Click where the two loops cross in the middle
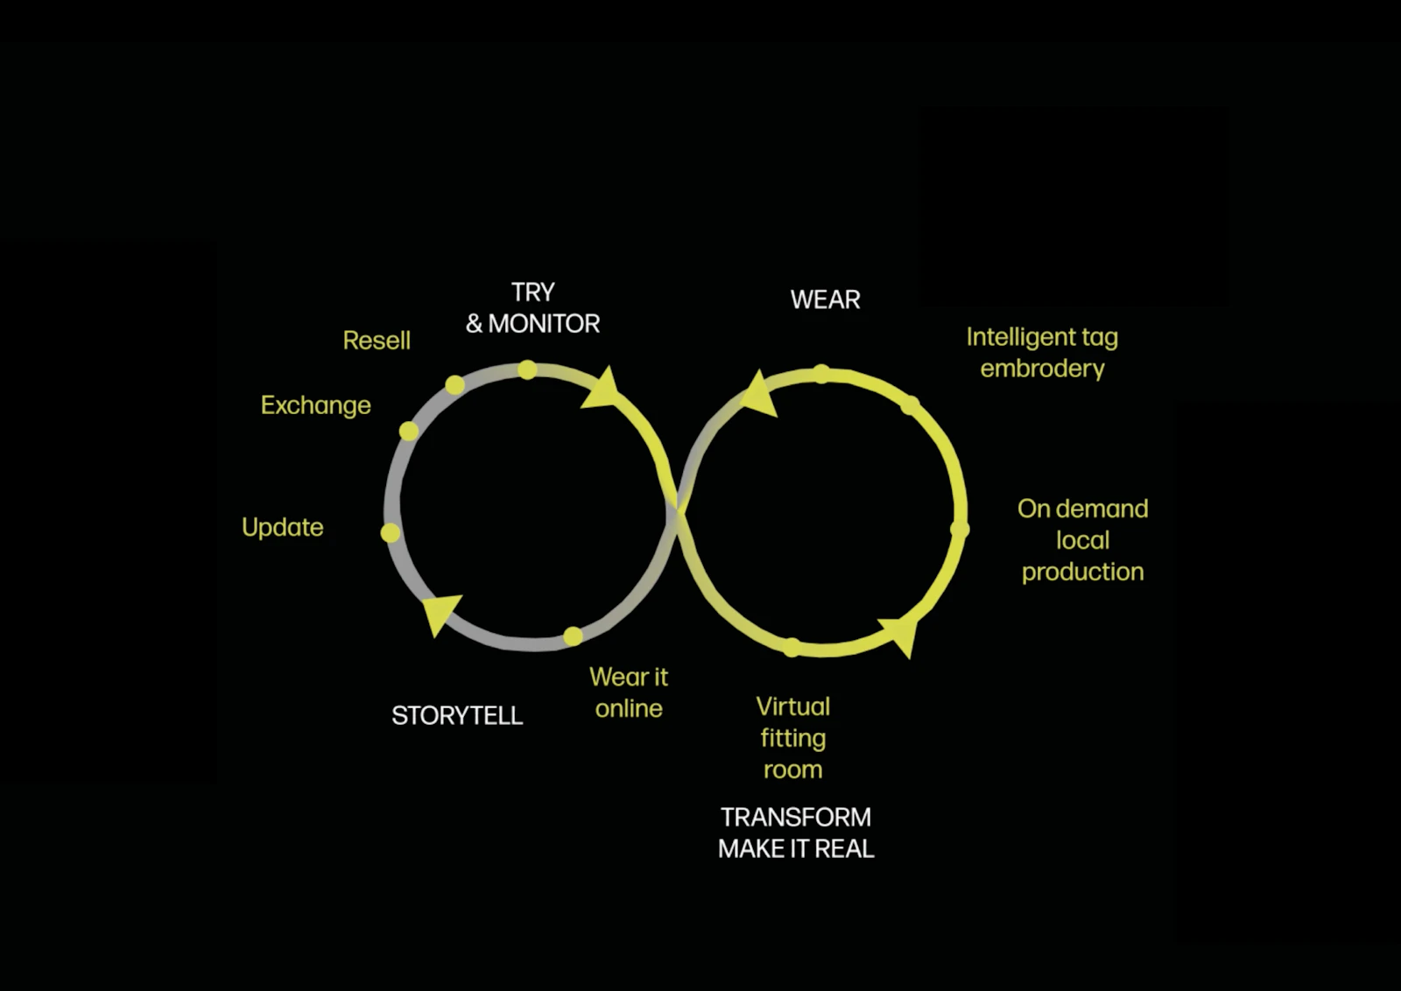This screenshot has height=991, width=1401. coord(679,511)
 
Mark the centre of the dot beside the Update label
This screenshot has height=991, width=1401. coord(391,532)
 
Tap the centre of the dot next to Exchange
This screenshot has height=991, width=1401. coord(408,431)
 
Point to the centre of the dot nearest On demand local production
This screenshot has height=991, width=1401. coord(960,530)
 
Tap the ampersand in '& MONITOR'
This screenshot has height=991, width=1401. coord(474,324)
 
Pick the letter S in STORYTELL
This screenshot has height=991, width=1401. coord(398,715)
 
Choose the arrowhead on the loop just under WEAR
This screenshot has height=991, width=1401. coord(758,395)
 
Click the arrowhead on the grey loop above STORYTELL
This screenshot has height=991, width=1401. coord(440,614)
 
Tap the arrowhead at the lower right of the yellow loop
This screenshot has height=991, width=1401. coord(900,636)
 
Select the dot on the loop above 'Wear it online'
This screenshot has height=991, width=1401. coord(573,636)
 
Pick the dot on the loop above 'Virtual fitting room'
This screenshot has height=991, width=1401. coord(792,647)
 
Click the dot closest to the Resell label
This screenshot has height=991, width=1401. coord(454,384)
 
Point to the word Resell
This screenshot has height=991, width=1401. coord(377,341)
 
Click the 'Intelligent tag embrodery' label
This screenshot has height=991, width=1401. coord(1042,353)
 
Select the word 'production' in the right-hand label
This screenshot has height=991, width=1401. coord(1082,572)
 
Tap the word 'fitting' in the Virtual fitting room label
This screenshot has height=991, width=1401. coord(793,738)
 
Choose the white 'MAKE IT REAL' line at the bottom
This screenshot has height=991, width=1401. coord(796,849)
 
